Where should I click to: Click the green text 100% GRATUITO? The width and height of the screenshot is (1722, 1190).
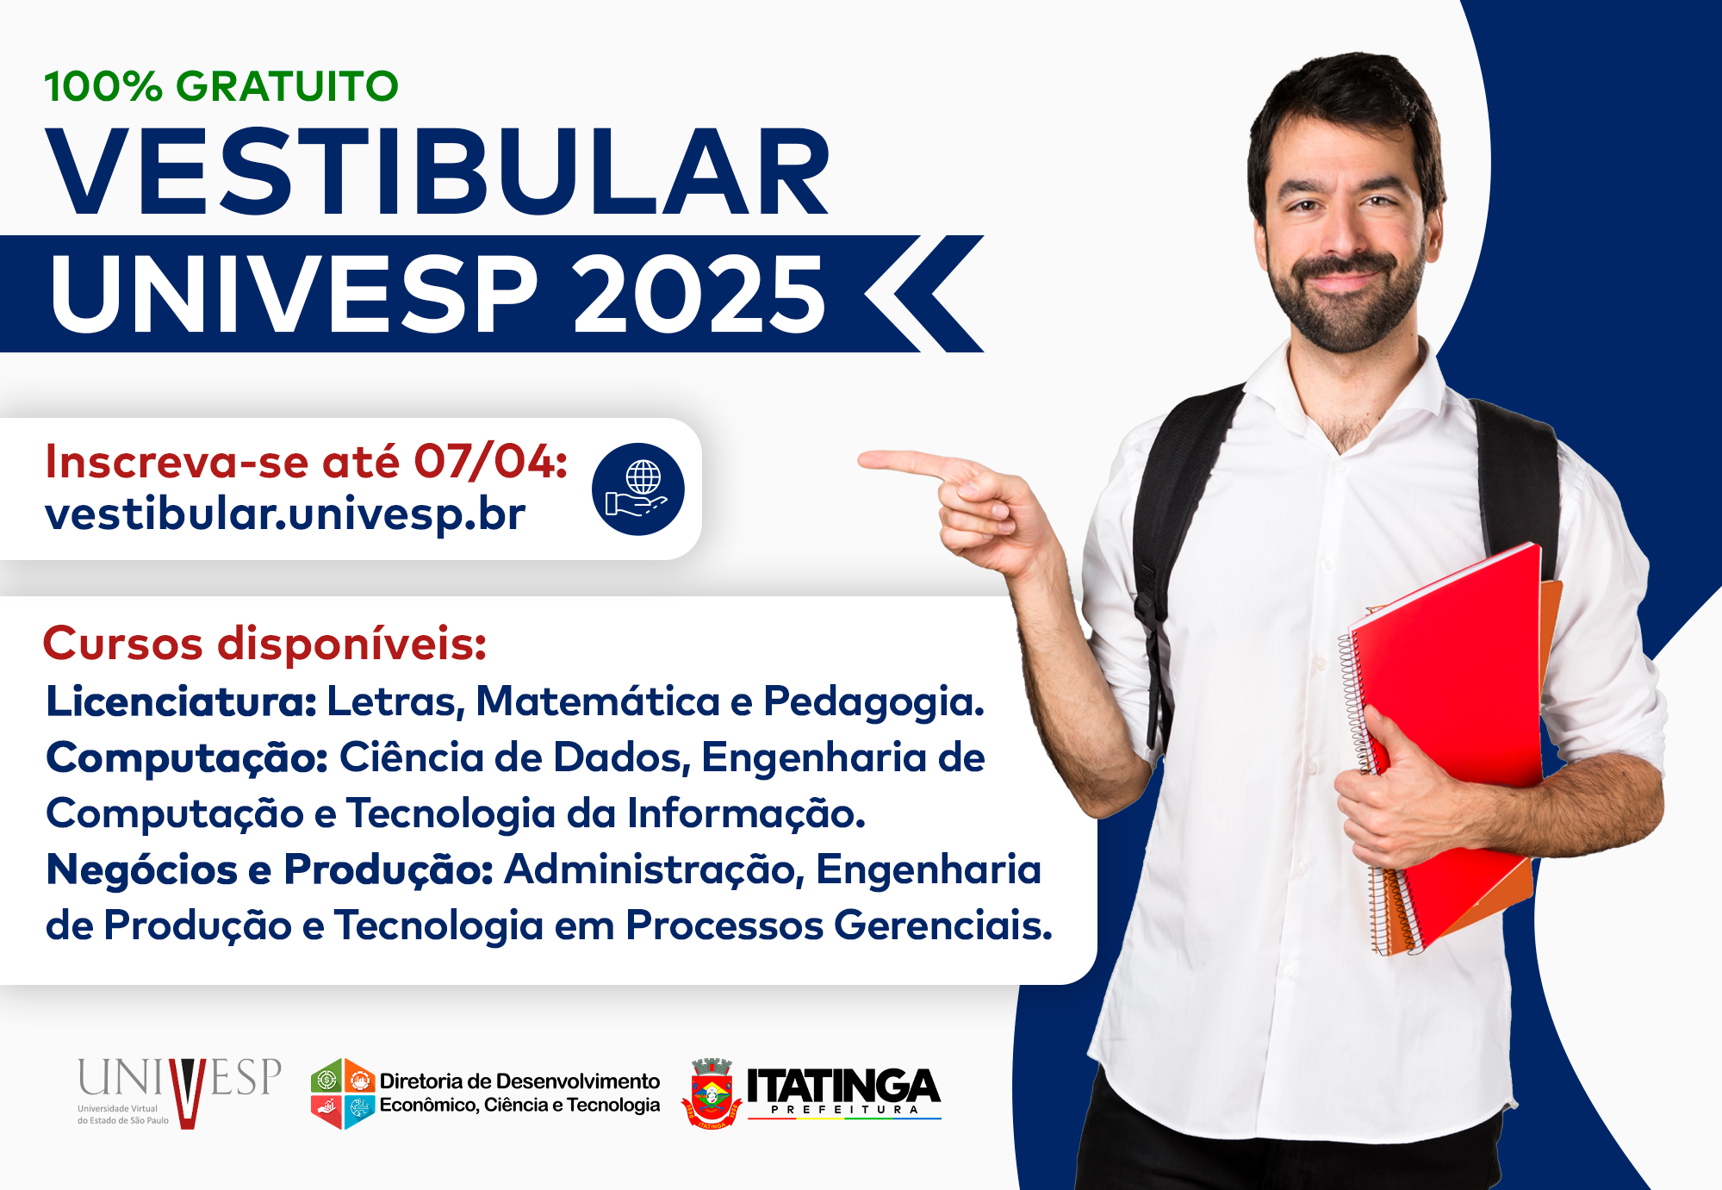[x=221, y=86]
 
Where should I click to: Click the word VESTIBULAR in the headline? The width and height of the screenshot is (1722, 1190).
[x=438, y=171]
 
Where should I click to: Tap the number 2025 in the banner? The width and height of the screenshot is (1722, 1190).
[x=699, y=295]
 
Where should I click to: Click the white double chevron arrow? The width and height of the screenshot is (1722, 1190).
[x=923, y=294]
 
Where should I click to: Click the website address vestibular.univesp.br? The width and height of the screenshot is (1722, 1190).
[x=285, y=514]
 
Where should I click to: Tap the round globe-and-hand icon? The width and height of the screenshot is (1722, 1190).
[x=638, y=489]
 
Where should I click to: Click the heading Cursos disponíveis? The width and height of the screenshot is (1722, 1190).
[x=264, y=644]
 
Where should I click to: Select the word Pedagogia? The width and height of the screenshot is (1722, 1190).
[x=873, y=703]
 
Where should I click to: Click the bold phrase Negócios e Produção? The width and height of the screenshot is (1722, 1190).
[x=269, y=869]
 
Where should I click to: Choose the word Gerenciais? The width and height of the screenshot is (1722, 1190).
[x=942, y=925]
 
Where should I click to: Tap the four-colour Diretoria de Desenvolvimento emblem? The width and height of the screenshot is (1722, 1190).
[x=343, y=1093]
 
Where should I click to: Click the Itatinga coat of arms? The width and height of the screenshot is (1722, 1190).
[x=712, y=1093]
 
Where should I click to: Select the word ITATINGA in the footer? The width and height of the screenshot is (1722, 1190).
[x=843, y=1085]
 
